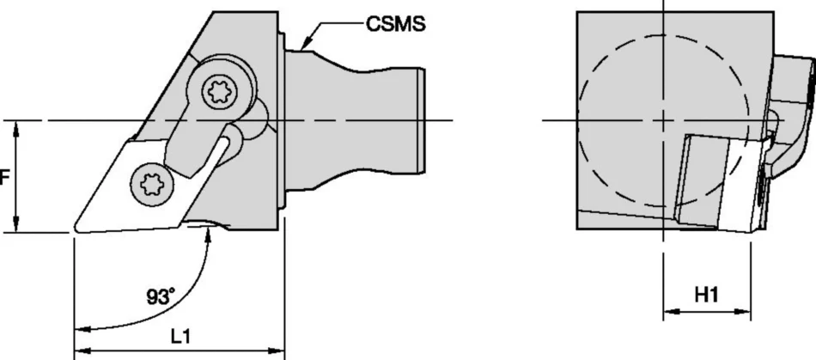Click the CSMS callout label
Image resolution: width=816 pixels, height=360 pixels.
395,23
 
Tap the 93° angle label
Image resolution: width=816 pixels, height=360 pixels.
159,297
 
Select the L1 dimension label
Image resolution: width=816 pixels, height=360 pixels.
180,337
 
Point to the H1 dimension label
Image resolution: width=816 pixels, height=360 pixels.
706,296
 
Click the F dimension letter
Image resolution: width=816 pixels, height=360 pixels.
4,179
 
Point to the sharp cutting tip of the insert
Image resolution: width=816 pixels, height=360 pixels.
76,228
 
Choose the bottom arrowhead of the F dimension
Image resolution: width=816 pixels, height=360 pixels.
16,224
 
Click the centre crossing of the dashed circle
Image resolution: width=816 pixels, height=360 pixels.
663,120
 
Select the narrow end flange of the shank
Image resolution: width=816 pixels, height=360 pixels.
423,120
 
